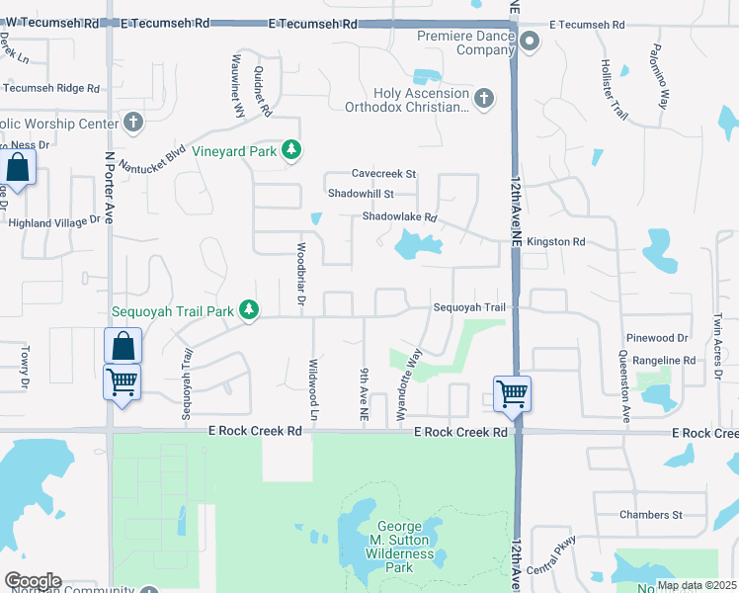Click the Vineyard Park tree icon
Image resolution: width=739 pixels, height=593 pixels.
pyautogui.click(x=291, y=150)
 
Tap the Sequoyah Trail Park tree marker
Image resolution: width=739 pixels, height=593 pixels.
pyautogui.click(x=250, y=310)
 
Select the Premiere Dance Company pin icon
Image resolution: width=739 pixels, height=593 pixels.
pyautogui.click(x=530, y=41)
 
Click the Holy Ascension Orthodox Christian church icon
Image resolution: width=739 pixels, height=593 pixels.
pyautogui.click(x=483, y=98)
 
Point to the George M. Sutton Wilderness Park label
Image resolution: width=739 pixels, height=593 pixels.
pyautogui.click(x=405, y=547)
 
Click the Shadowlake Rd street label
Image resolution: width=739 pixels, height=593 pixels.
pyautogui.click(x=399, y=216)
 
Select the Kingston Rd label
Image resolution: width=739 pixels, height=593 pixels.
pyautogui.click(x=556, y=241)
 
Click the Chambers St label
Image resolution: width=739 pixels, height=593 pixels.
pyautogui.click(x=651, y=515)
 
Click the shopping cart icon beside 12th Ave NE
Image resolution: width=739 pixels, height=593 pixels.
pyautogui.click(x=513, y=393)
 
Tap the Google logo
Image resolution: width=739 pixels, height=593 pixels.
pyautogui.click(x=33, y=581)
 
